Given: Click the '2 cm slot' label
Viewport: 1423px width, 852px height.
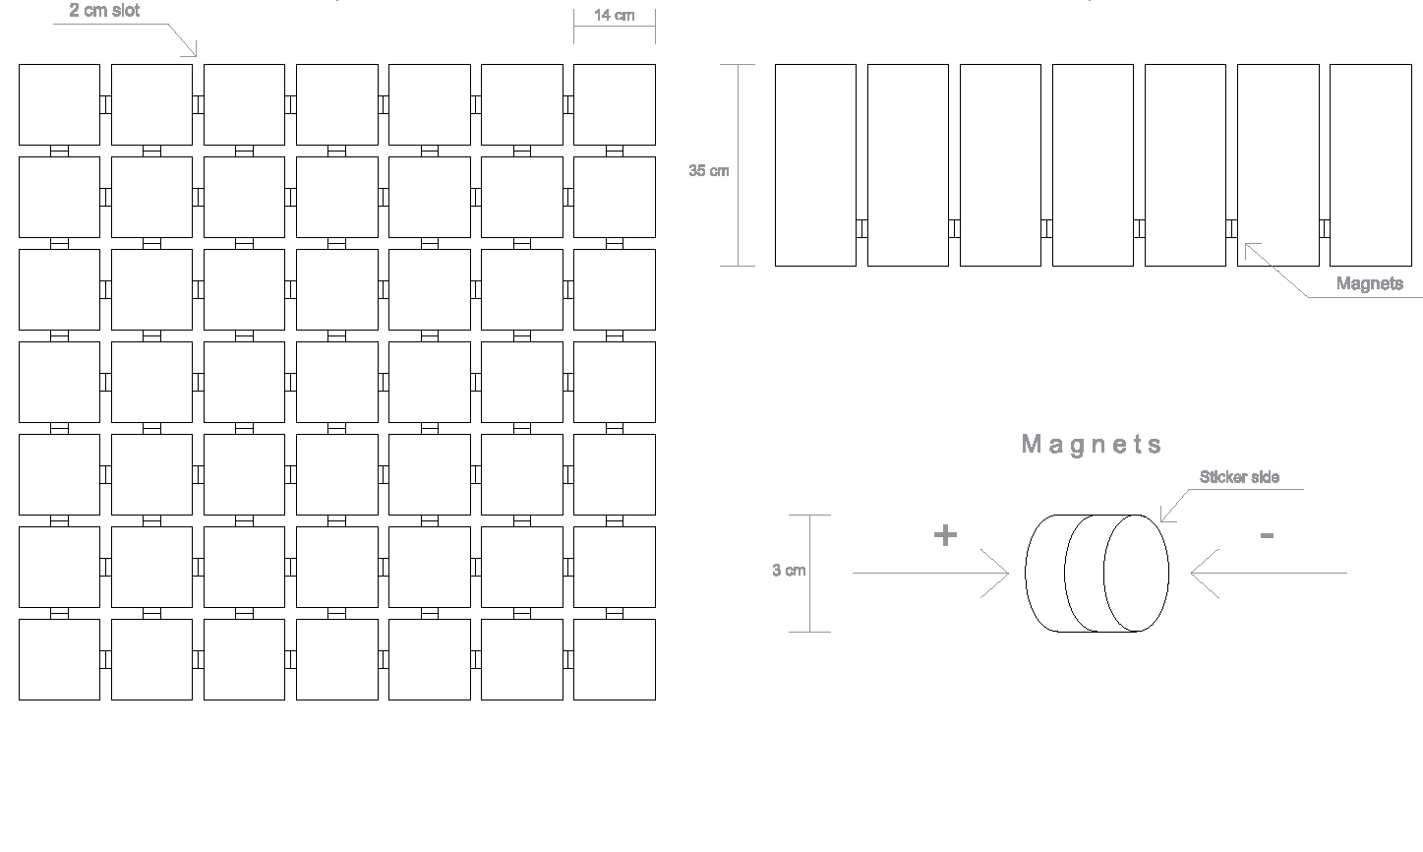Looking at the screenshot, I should pyautogui.click(x=104, y=11).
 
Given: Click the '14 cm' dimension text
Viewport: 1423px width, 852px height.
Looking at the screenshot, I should pyautogui.click(x=614, y=16).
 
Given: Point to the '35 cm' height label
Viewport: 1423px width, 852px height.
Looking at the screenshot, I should pyautogui.click(x=708, y=171).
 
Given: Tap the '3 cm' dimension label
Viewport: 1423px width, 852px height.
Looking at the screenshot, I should pyautogui.click(x=789, y=571).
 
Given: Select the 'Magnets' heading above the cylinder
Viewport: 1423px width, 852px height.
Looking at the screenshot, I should pyautogui.click(x=1092, y=445).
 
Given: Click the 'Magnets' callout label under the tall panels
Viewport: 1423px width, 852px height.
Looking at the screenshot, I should pyautogui.click(x=1369, y=283).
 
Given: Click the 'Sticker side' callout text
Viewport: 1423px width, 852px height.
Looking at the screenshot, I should pyautogui.click(x=1239, y=477).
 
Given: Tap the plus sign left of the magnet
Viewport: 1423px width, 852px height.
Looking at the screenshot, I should pyautogui.click(x=944, y=535).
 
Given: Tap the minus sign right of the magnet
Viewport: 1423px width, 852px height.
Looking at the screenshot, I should pyautogui.click(x=1267, y=535).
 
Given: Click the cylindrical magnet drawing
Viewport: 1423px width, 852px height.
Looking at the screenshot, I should pyautogui.click(x=1097, y=573).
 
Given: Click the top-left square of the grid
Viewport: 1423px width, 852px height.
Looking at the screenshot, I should pyautogui.click(x=59, y=104).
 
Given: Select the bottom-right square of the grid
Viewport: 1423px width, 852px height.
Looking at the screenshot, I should pyautogui.click(x=614, y=659).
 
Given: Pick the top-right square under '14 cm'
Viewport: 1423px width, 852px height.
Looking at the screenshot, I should pyautogui.click(x=614, y=104).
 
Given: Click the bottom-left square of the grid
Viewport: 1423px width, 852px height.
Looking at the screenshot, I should pyautogui.click(x=59, y=659).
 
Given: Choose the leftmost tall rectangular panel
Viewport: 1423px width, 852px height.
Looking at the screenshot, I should pyautogui.click(x=815, y=165).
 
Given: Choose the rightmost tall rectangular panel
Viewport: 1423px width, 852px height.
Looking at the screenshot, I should pyautogui.click(x=1370, y=165).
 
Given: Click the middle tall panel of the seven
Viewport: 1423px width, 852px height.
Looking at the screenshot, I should pyautogui.click(x=1093, y=165).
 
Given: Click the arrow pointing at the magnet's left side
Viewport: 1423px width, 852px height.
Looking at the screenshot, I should pyautogui.click(x=930, y=573).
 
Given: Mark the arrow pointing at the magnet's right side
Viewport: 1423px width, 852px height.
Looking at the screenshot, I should pyautogui.click(x=1269, y=573).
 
